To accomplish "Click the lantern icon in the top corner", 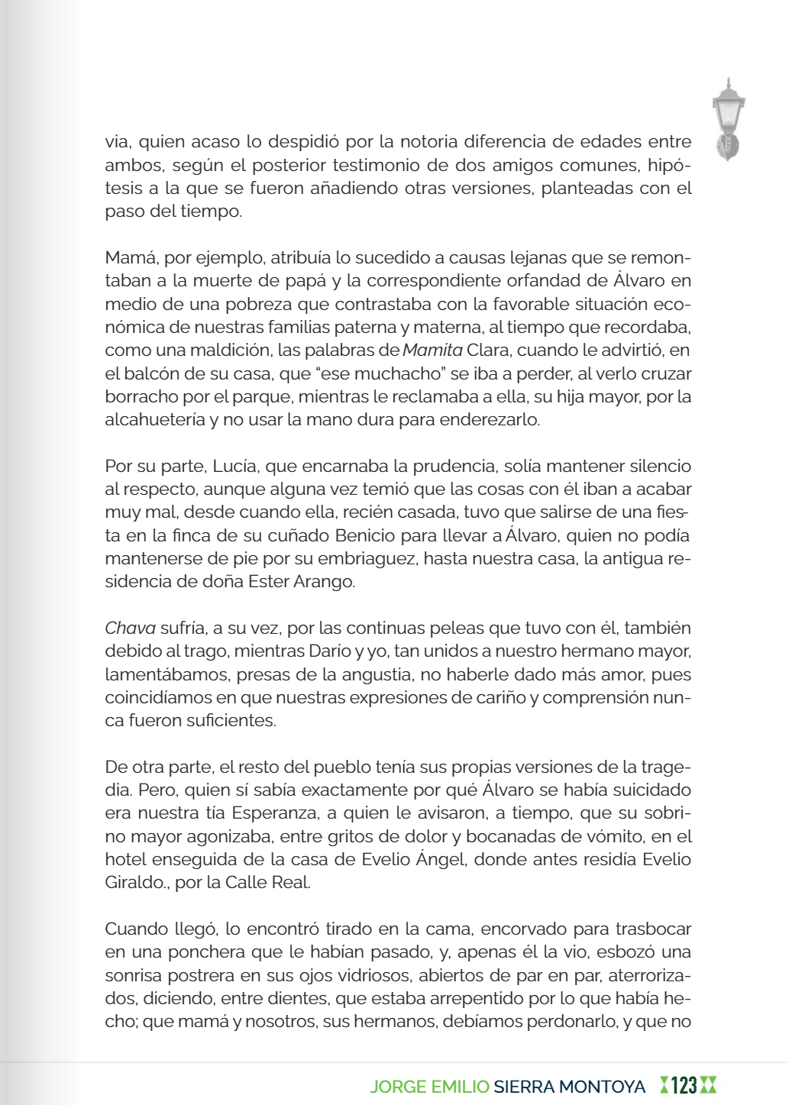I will click(728, 119).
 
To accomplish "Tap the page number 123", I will click(684, 1085).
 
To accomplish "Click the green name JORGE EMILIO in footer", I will click(429, 1086).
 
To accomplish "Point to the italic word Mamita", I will click(432, 351).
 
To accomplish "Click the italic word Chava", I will click(130, 628).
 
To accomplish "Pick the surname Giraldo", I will click(132, 883).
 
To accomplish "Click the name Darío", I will click(331, 651).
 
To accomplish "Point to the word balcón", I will click(150, 373).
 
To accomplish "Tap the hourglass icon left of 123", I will click(664, 1085).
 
